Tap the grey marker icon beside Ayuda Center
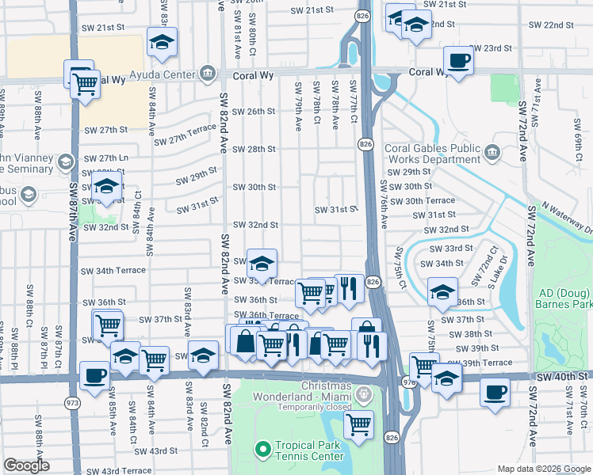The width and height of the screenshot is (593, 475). pos(208,74)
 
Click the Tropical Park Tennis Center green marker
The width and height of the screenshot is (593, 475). pos(262,450)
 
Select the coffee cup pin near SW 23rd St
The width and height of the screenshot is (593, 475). pos(459,59)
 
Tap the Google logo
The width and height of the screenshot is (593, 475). pos(27,465)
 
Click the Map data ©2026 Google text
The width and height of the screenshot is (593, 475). pos(544,469)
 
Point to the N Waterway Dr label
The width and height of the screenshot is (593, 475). pos(558,218)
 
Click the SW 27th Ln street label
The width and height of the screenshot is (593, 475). pos(105,158)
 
